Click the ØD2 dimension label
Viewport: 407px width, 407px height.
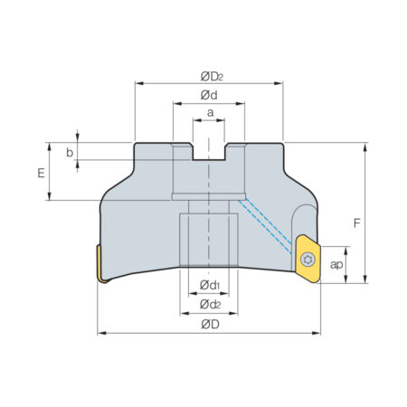click(x=212, y=77)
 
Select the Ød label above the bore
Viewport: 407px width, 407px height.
click(x=209, y=95)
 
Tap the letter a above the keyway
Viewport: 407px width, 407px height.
click(x=211, y=113)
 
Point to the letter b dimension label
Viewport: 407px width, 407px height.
click(x=70, y=153)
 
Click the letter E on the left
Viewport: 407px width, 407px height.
click(x=41, y=173)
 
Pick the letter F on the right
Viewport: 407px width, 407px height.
click(x=357, y=223)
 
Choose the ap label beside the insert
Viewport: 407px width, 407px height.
click(x=336, y=265)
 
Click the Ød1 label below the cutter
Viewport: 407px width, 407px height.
click(x=210, y=285)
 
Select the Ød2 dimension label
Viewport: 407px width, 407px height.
click(x=210, y=305)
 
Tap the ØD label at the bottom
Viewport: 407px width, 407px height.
click(x=210, y=325)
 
